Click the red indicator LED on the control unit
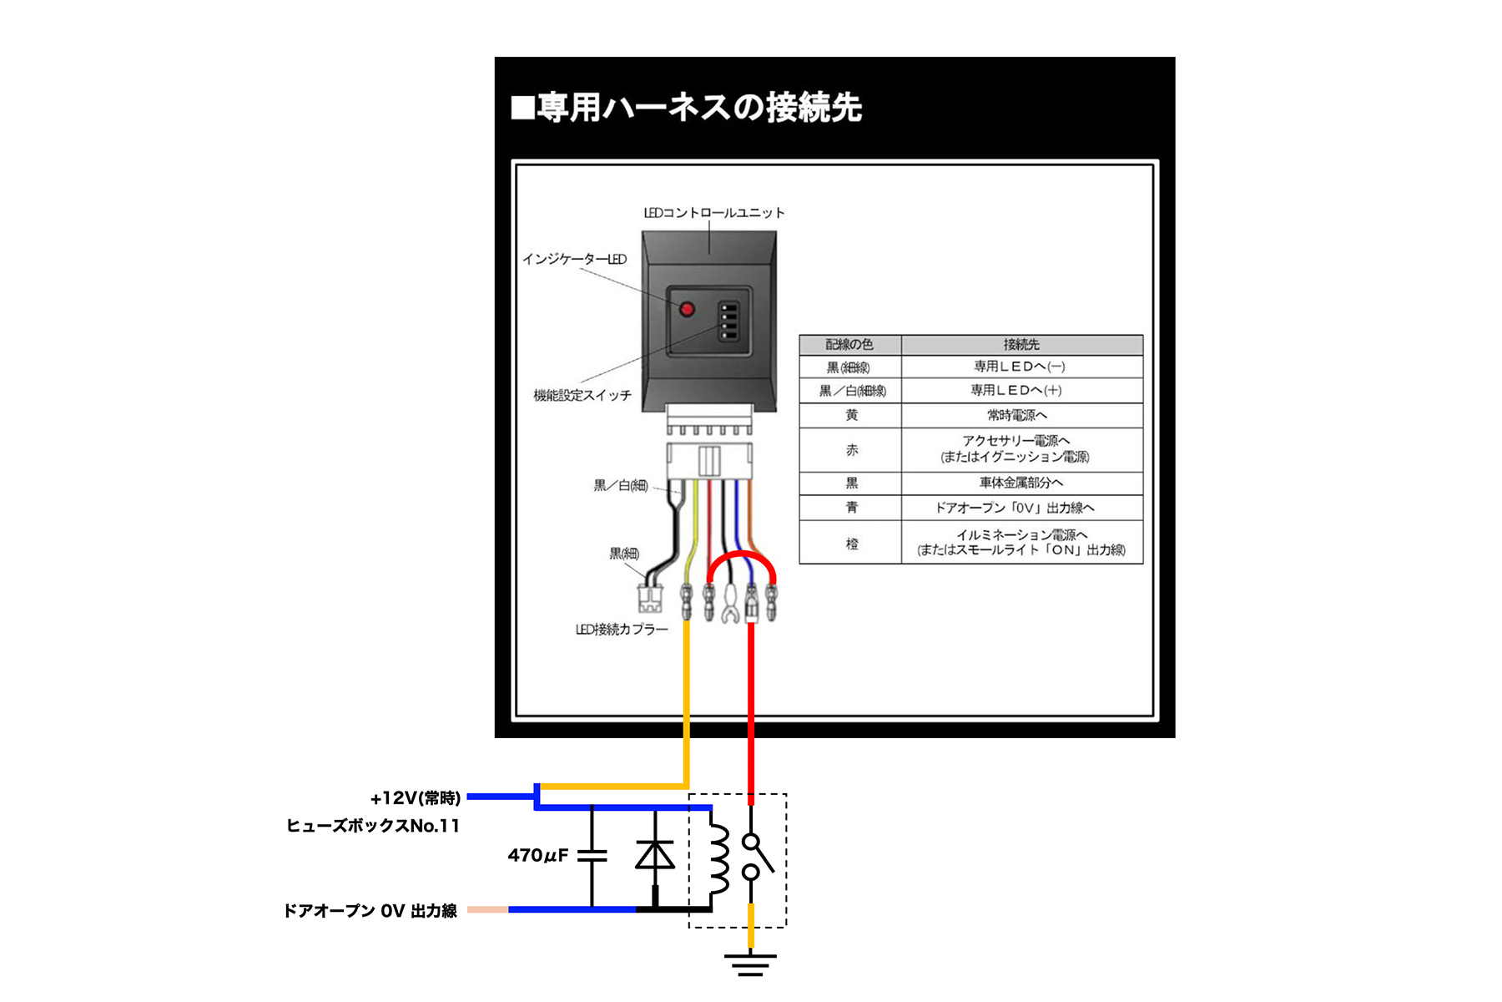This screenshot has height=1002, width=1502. pyautogui.click(x=687, y=310)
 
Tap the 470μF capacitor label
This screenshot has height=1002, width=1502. pyautogui.click(x=537, y=855)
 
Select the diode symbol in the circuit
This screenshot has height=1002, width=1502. pyautogui.click(x=655, y=855)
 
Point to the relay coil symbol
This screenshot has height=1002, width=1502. pyautogui.click(x=717, y=860)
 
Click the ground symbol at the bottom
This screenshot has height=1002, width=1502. pyautogui.click(x=750, y=964)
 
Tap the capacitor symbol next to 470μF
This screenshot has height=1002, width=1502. pyautogui.click(x=592, y=855)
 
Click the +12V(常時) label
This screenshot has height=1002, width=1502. pyautogui.click(x=416, y=798)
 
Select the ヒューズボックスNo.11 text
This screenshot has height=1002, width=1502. pyautogui.click(x=373, y=826)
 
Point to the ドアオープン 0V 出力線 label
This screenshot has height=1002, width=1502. pyautogui.click(x=370, y=911)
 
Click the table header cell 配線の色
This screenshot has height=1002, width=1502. pyautogui.click(x=849, y=345)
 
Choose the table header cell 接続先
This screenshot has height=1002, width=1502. pyautogui.click(x=1021, y=345)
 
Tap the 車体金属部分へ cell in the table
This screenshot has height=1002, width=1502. pyautogui.click(x=1021, y=483)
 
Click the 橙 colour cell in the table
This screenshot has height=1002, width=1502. pyautogui.click(x=851, y=544)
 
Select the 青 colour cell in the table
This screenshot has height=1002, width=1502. pyautogui.click(x=851, y=508)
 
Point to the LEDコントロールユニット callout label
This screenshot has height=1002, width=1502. pyautogui.click(x=714, y=213)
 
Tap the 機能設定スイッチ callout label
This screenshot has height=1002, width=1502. pyautogui.click(x=582, y=395)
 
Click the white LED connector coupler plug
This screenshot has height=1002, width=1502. pyautogui.click(x=648, y=598)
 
